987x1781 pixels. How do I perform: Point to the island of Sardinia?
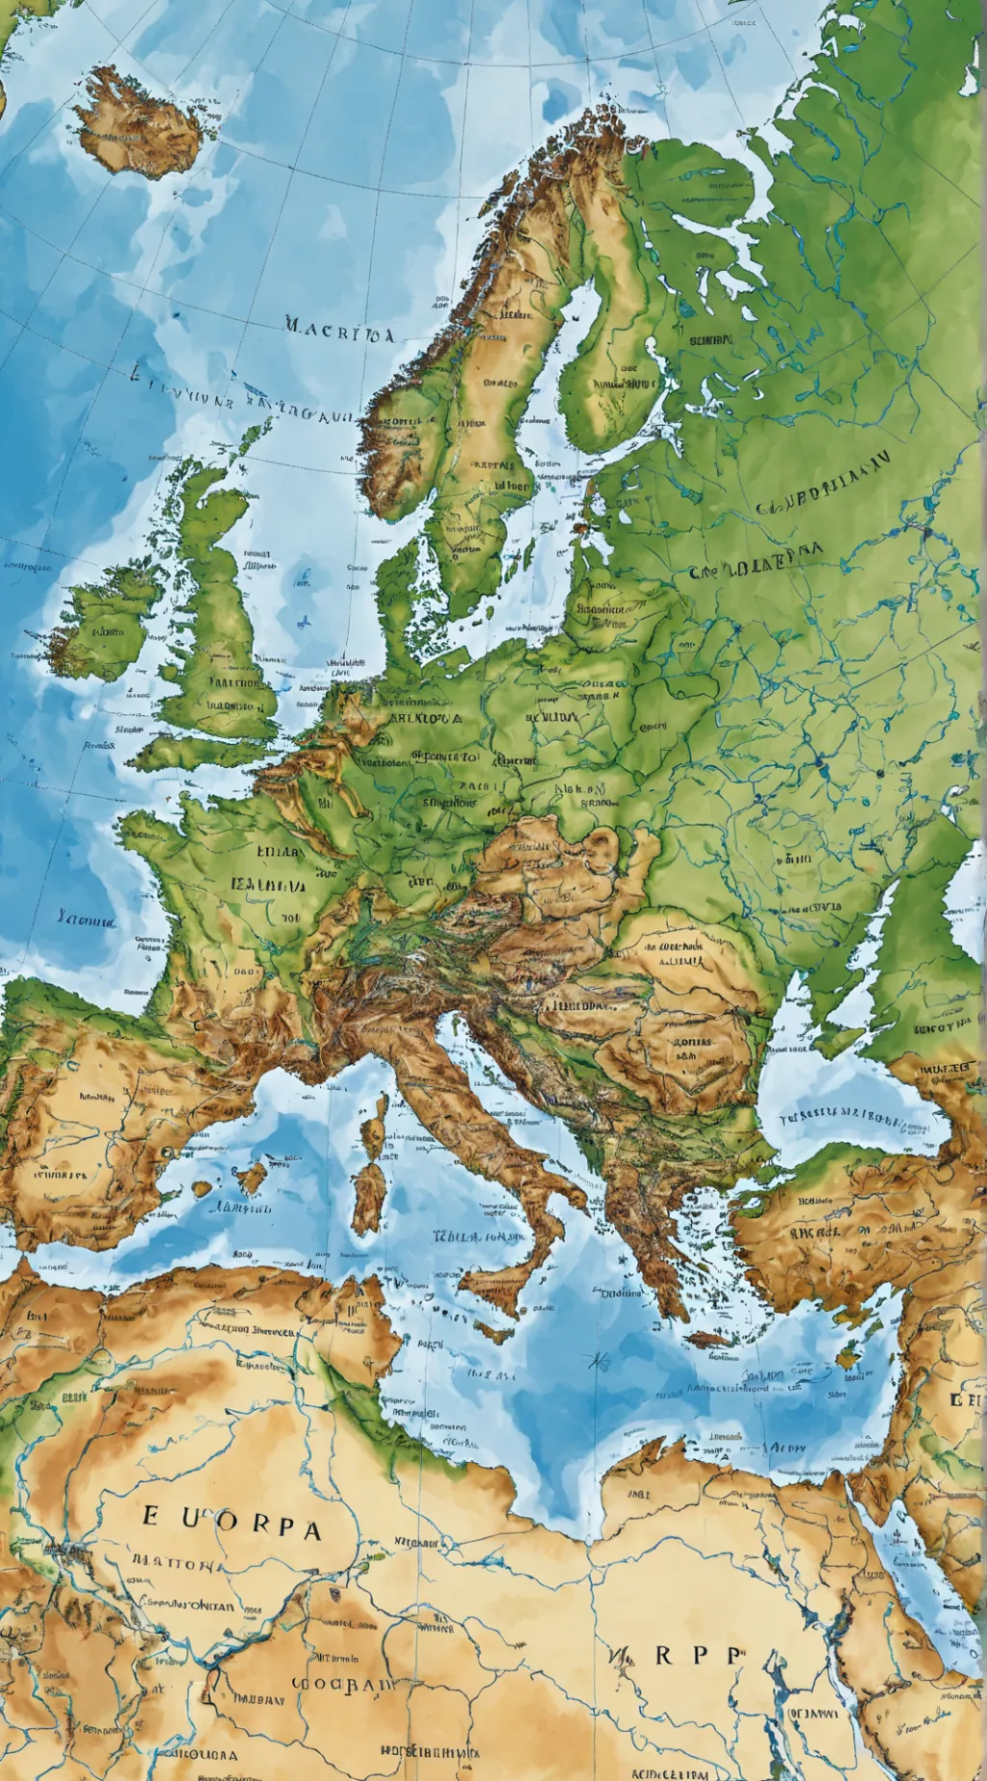click(367, 1196)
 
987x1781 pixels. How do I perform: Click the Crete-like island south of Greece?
click(708, 1339)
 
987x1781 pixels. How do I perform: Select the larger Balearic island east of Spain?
click(253, 1177)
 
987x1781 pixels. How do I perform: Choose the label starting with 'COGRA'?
click(344, 1685)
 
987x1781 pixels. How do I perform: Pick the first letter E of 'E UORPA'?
click(150, 1515)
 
